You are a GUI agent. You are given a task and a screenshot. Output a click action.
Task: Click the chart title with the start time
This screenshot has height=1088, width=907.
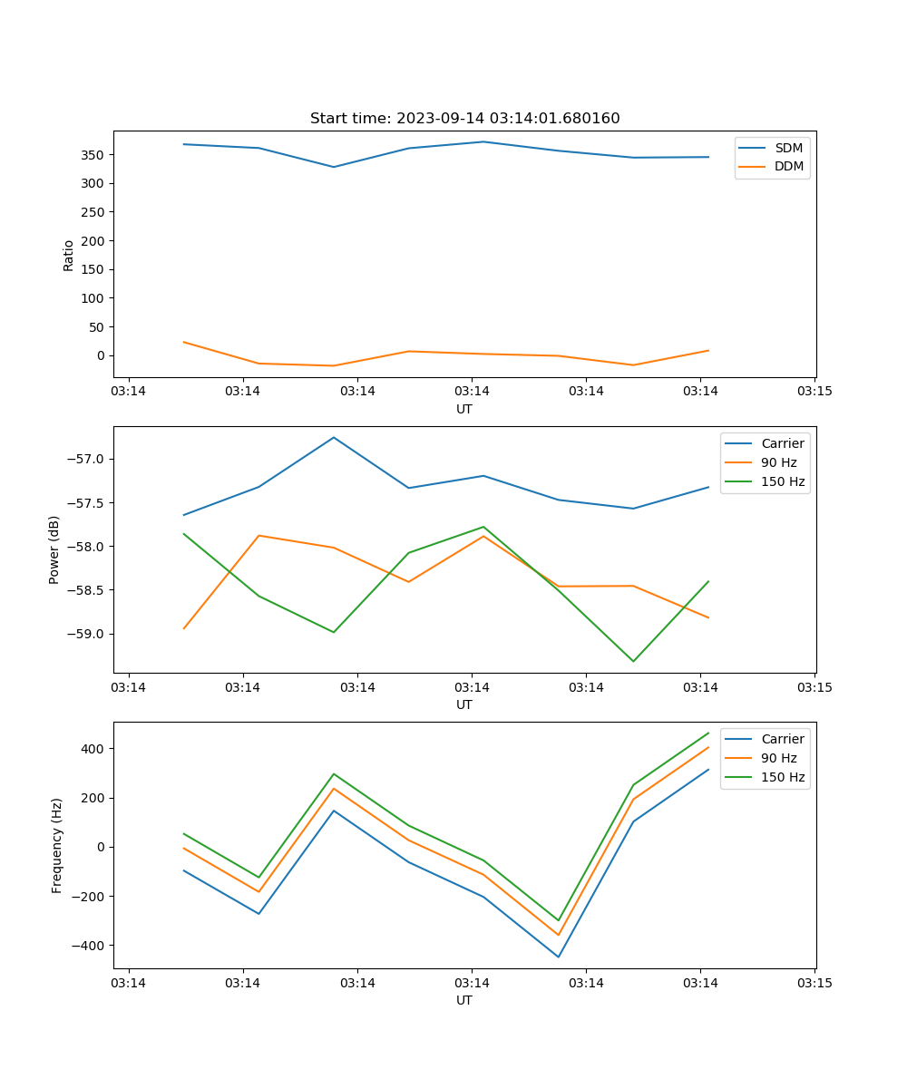coord(464,119)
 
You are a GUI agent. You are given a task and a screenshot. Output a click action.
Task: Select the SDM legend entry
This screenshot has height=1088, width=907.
coord(788,148)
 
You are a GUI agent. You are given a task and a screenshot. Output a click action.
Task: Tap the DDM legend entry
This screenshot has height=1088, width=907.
coord(788,166)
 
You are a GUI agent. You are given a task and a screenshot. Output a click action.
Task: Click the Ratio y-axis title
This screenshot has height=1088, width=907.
coord(69,255)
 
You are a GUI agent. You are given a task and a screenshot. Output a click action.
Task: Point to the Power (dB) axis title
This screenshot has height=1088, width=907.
coord(54,549)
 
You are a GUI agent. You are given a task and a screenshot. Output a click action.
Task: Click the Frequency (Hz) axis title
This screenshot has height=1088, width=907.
coord(57,845)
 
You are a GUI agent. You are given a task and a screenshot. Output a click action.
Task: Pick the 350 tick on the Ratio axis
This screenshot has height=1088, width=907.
coord(93,155)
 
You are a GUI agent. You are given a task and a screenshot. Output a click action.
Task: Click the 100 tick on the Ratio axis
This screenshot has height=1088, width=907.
coord(93,298)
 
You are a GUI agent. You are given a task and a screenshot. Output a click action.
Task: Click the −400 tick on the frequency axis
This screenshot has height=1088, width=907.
coord(88,946)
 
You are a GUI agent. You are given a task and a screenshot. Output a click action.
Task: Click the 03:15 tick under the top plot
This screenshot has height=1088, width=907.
coord(814,393)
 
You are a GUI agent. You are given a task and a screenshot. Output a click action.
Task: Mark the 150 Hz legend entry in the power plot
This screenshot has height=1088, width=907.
coord(783,481)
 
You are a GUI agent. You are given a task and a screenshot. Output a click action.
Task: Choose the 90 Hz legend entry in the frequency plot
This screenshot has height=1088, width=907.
coord(778,758)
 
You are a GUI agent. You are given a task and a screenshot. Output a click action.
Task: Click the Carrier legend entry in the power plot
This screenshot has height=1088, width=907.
coord(782,443)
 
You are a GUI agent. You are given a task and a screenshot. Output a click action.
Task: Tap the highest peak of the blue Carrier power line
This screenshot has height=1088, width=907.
coord(334,437)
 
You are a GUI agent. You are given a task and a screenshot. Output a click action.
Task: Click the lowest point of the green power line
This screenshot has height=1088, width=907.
coord(633,661)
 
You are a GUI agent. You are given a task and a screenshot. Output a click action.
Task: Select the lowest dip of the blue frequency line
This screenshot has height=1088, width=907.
coord(558,957)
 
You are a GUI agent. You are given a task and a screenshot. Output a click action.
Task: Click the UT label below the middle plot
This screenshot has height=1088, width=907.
coord(464,704)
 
